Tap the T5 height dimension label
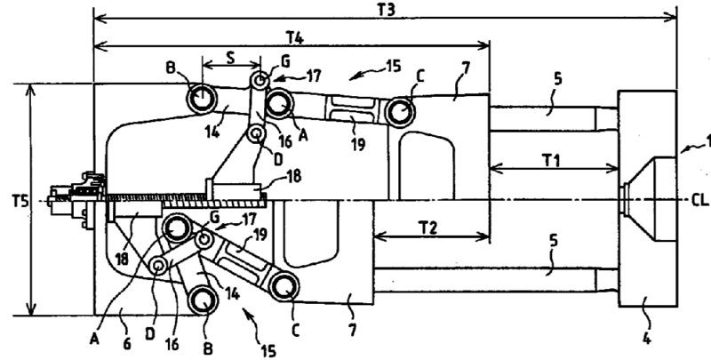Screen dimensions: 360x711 [10, 201]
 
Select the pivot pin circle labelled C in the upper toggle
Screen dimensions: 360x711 [399, 111]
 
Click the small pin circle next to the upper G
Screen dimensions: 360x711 [259, 82]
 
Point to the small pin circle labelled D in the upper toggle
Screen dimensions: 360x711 [257, 134]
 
